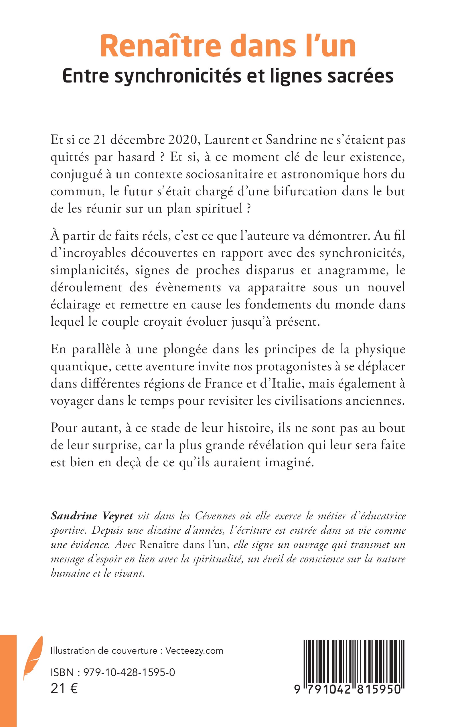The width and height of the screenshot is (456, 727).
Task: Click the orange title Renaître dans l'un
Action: (x=228, y=46)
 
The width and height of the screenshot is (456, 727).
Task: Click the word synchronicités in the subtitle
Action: (x=178, y=76)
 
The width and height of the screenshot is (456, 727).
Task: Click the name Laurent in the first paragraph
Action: (x=224, y=140)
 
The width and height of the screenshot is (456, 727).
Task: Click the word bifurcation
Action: (x=305, y=192)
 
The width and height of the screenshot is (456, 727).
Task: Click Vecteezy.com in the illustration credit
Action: (x=195, y=651)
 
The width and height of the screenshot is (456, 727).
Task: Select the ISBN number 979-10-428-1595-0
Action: (x=129, y=672)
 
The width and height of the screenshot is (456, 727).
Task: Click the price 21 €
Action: (x=64, y=689)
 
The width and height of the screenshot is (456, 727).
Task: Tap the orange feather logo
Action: (x=33, y=658)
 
